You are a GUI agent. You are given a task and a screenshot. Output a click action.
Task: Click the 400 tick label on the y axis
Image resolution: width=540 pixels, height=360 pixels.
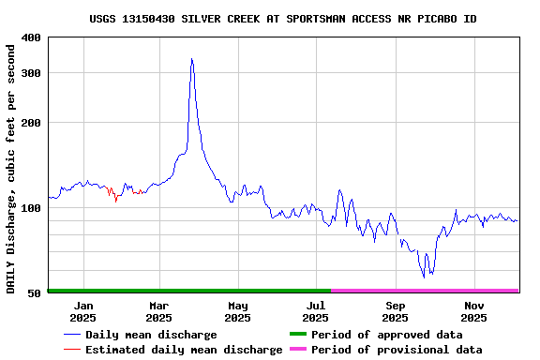pyautogui.click(x=30, y=37)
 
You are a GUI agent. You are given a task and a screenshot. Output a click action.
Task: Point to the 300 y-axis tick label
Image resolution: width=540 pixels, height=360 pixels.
pyautogui.click(x=30, y=73)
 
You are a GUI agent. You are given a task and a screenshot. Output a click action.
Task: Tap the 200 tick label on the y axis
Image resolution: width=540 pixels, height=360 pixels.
pyautogui.click(x=30, y=123)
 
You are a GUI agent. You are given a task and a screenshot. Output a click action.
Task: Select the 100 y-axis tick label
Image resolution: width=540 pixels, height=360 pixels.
pyautogui.click(x=30, y=208)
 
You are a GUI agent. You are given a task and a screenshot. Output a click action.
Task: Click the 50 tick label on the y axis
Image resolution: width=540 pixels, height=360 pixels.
pyautogui.click(x=34, y=293)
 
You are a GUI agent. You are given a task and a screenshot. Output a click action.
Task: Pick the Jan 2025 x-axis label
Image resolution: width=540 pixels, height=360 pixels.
pyautogui.click(x=83, y=311)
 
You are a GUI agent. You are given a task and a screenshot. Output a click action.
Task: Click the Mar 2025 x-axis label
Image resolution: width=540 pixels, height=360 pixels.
pyautogui.click(x=158, y=311)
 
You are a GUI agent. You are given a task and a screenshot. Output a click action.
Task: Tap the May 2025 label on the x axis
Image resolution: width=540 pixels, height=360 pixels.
pyautogui.click(x=237, y=311)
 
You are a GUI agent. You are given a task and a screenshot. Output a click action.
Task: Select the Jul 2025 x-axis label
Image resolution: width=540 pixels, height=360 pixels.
pyautogui.click(x=316, y=311)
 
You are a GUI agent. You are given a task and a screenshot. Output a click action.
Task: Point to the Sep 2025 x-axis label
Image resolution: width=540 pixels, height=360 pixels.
pyautogui.click(x=395, y=311)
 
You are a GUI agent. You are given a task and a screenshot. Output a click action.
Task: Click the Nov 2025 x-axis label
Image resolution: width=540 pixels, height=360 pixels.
pyautogui.click(x=474, y=311)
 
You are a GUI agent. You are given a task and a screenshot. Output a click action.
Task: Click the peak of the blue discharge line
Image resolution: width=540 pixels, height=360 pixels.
pyautogui.click(x=191, y=59)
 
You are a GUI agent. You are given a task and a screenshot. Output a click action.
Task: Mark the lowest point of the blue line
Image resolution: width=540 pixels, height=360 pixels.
pyautogui.click(x=424, y=277)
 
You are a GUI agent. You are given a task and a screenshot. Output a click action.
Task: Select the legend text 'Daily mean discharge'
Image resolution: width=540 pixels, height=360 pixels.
pyautogui.click(x=151, y=335)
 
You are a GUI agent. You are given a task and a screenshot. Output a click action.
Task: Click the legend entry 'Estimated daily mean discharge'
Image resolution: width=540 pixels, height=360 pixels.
pyautogui.click(x=184, y=350)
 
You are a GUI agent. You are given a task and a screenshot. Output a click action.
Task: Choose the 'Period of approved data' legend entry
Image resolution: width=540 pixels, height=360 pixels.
pyautogui.click(x=386, y=335)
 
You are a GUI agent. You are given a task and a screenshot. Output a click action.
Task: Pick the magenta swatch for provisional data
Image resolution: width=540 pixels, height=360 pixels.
pyautogui.click(x=298, y=350)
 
